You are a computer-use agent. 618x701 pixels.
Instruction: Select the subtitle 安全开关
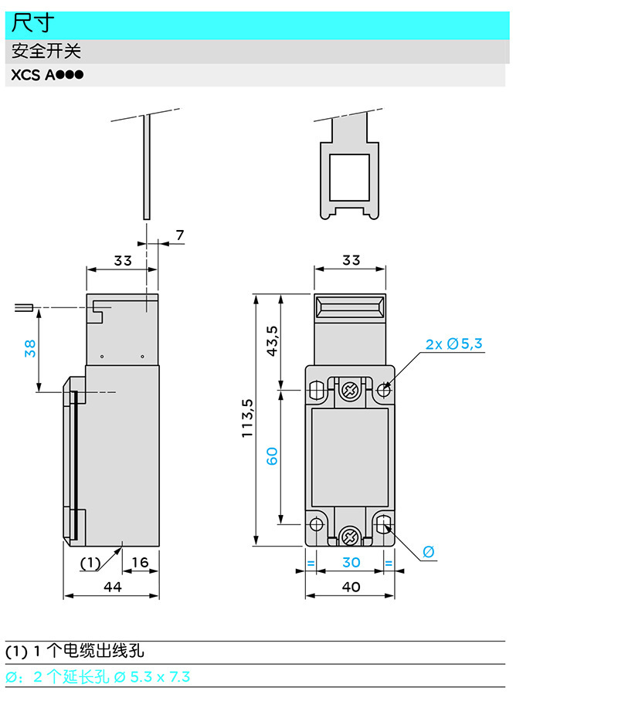[46, 52]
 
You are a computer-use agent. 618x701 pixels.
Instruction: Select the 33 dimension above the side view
[123, 260]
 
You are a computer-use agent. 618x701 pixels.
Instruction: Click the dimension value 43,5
[272, 340]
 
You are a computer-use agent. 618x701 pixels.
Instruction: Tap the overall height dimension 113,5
[247, 419]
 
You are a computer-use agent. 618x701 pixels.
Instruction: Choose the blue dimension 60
[272, 455]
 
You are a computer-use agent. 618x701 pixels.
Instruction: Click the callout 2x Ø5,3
[454, 344]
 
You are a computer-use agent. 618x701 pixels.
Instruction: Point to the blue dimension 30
[351, 563]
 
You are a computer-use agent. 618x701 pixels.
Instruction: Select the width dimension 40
[351, 587]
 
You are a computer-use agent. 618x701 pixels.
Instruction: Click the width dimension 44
[113, 587]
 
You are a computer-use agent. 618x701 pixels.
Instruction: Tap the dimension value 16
[141, 563]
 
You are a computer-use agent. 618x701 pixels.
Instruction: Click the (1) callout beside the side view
[91, 563]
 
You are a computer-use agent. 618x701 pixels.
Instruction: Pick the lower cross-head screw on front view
[350, 535]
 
